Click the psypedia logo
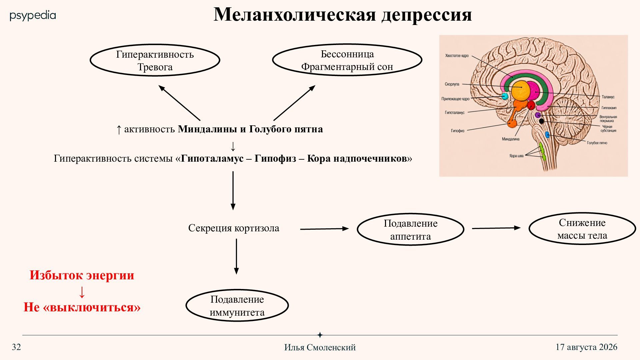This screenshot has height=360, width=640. click(33, 16)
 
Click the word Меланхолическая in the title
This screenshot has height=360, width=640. click(295, 15)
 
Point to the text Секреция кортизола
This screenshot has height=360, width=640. click(234, 228)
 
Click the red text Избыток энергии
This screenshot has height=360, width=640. click(82, 275)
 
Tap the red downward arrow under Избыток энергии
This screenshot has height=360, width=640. click(82, 292)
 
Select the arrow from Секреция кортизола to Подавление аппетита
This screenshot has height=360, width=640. click(324, 229)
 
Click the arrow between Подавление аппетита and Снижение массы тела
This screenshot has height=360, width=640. click(496, 228)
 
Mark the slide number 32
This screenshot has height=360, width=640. click(16, 347)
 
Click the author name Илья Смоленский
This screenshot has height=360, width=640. click(320, 347)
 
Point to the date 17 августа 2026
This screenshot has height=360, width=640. click(586, 347)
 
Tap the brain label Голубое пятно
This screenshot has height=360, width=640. click(597, 143)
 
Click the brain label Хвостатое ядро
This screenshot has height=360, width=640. click(457, 56)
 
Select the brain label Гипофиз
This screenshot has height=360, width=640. click(457, 131)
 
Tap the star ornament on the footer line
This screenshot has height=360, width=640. click(320, 335)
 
